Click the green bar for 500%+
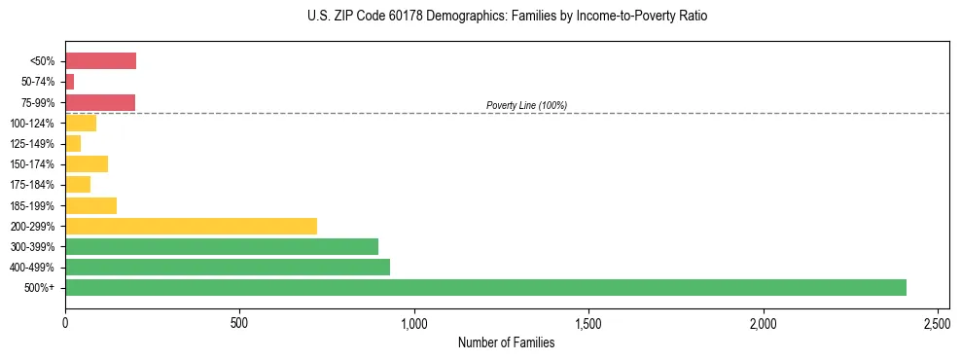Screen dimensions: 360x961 pyautogui.click(x=485, y=287)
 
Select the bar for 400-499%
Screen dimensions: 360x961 pyautogui.click(x=228, y=267)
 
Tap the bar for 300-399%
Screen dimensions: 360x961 pyautogui.click(x=222, y=246)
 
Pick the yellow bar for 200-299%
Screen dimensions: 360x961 pyautogui.click(x=191, y=226)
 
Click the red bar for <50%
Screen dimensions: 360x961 pyautogui.click(x=100, y=61)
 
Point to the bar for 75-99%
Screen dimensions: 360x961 pyautogui.click(x=100, y=102)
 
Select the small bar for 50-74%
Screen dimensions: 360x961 pyautogui.click(x=70, y=82)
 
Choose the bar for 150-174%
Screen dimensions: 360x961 pyautogui.click(x=87, y=163)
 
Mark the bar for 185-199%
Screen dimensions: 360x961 pyautogui.click(x=90, y=205)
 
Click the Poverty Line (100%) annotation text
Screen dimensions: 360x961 pyautogui.click(x=526, y=105)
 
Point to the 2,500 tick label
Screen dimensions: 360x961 pyautogui.click(x=937, y=321)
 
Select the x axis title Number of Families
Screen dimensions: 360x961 pyautogui.click(x=507, y=342)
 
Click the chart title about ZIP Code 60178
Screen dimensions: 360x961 pyautogui.click(x=507, y=17)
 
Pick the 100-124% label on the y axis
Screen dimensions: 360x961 pyautogui.click(x=32, y=124)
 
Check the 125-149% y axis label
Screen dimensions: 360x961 pyautogui.click(x=32, y=144)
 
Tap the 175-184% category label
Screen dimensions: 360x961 pyautogui.click(x=32, y=185)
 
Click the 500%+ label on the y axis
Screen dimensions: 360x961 pyautogui.click(x=40, y=288)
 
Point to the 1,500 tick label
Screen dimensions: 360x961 pyautogui.click(x=588, y=321)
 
